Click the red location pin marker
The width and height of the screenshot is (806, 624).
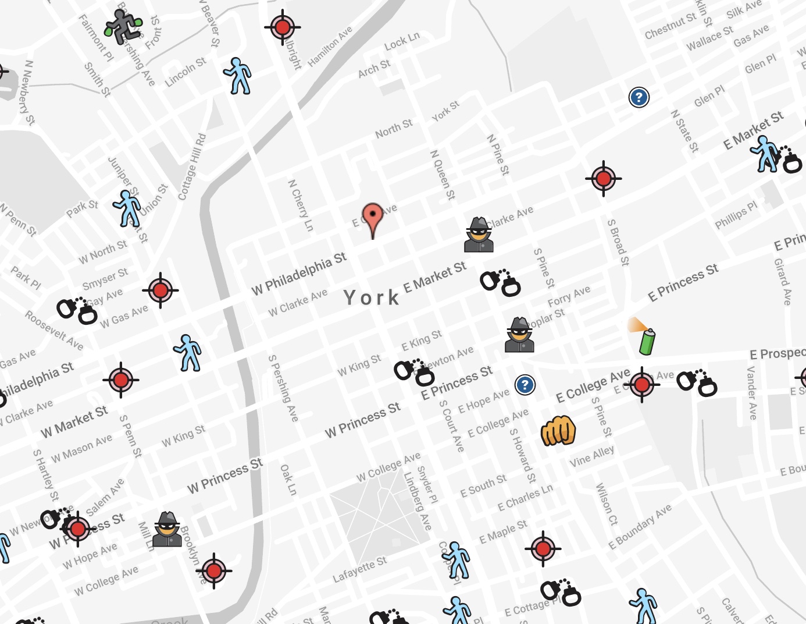coord(373,218)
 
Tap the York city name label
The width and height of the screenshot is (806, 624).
coord(371,297)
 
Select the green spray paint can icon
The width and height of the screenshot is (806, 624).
coord(646,340)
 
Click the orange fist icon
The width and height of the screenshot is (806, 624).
coord(558,431)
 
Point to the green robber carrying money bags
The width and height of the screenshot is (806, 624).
coord(123,26)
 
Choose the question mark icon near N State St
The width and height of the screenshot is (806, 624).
coord(639,97)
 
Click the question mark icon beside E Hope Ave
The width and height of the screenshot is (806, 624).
coord(525,385)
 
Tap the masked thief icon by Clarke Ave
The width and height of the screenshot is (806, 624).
coord(479,235)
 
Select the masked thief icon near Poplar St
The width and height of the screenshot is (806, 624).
coord(519,335)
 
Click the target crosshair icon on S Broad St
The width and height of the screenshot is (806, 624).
coord(603,178)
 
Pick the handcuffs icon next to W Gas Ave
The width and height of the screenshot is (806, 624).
coord(77,310)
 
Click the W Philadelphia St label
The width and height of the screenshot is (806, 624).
coord(299,273)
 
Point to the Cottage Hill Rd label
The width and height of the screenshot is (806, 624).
coord(192,167)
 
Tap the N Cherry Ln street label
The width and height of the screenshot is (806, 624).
coord(301,205)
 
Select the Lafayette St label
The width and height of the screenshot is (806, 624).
coord(359,569)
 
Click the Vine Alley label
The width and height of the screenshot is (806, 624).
coord(591,456)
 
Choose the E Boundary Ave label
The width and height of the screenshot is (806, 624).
coord(640,526)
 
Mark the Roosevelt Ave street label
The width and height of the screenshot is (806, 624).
coord(54,330)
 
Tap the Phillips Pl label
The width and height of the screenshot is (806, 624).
coord(736,215)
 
